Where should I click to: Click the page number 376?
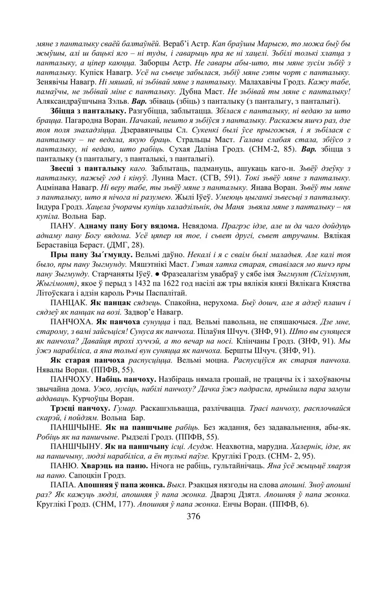pyautogui.click(x=193, y=516)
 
